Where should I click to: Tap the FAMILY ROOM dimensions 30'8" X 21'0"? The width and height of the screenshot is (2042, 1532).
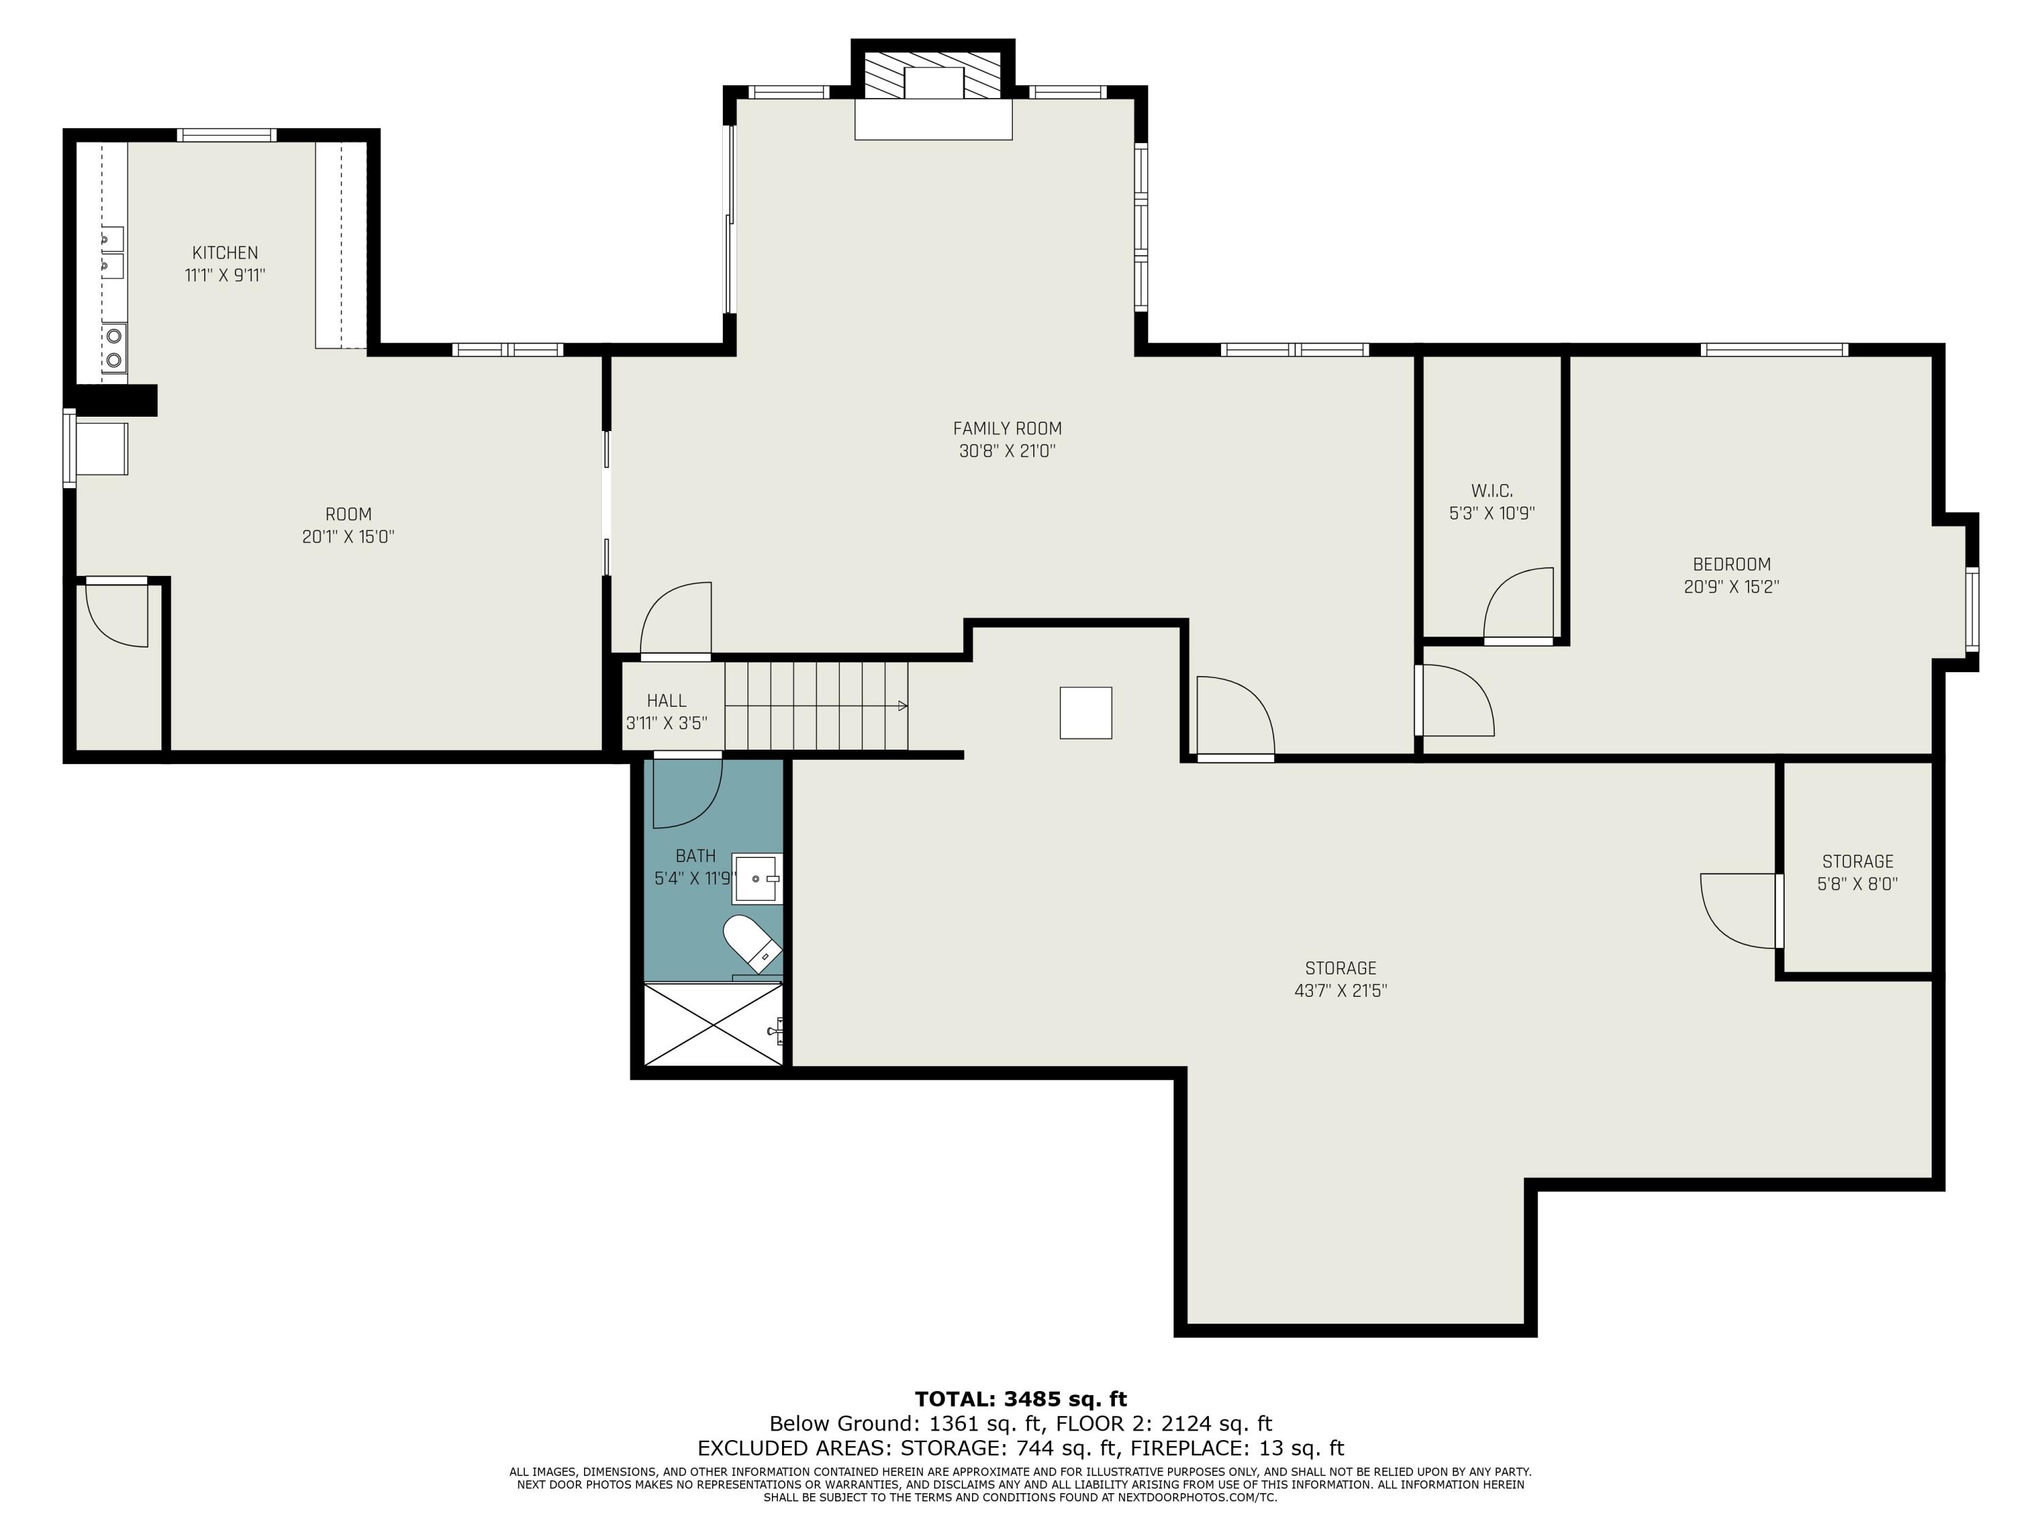(x=1007, y=451)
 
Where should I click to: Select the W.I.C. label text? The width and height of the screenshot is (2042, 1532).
(x=1492, y=490)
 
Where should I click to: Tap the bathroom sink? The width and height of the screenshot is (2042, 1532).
(x=757, y=879)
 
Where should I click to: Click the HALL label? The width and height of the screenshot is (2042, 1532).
(x=666, y=701)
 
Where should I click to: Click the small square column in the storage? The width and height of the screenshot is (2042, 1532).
(x=1086, y=713)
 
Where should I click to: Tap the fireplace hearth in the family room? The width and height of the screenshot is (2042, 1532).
(x=933, y=119)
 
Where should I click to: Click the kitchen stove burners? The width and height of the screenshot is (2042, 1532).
(x=114, y=347)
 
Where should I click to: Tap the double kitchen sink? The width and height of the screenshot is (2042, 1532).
(x=112, y=252)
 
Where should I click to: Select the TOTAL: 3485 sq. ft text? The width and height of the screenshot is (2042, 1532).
(x=1021, y=1399)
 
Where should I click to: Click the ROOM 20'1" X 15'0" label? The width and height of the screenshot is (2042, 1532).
(x=348, y=526)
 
